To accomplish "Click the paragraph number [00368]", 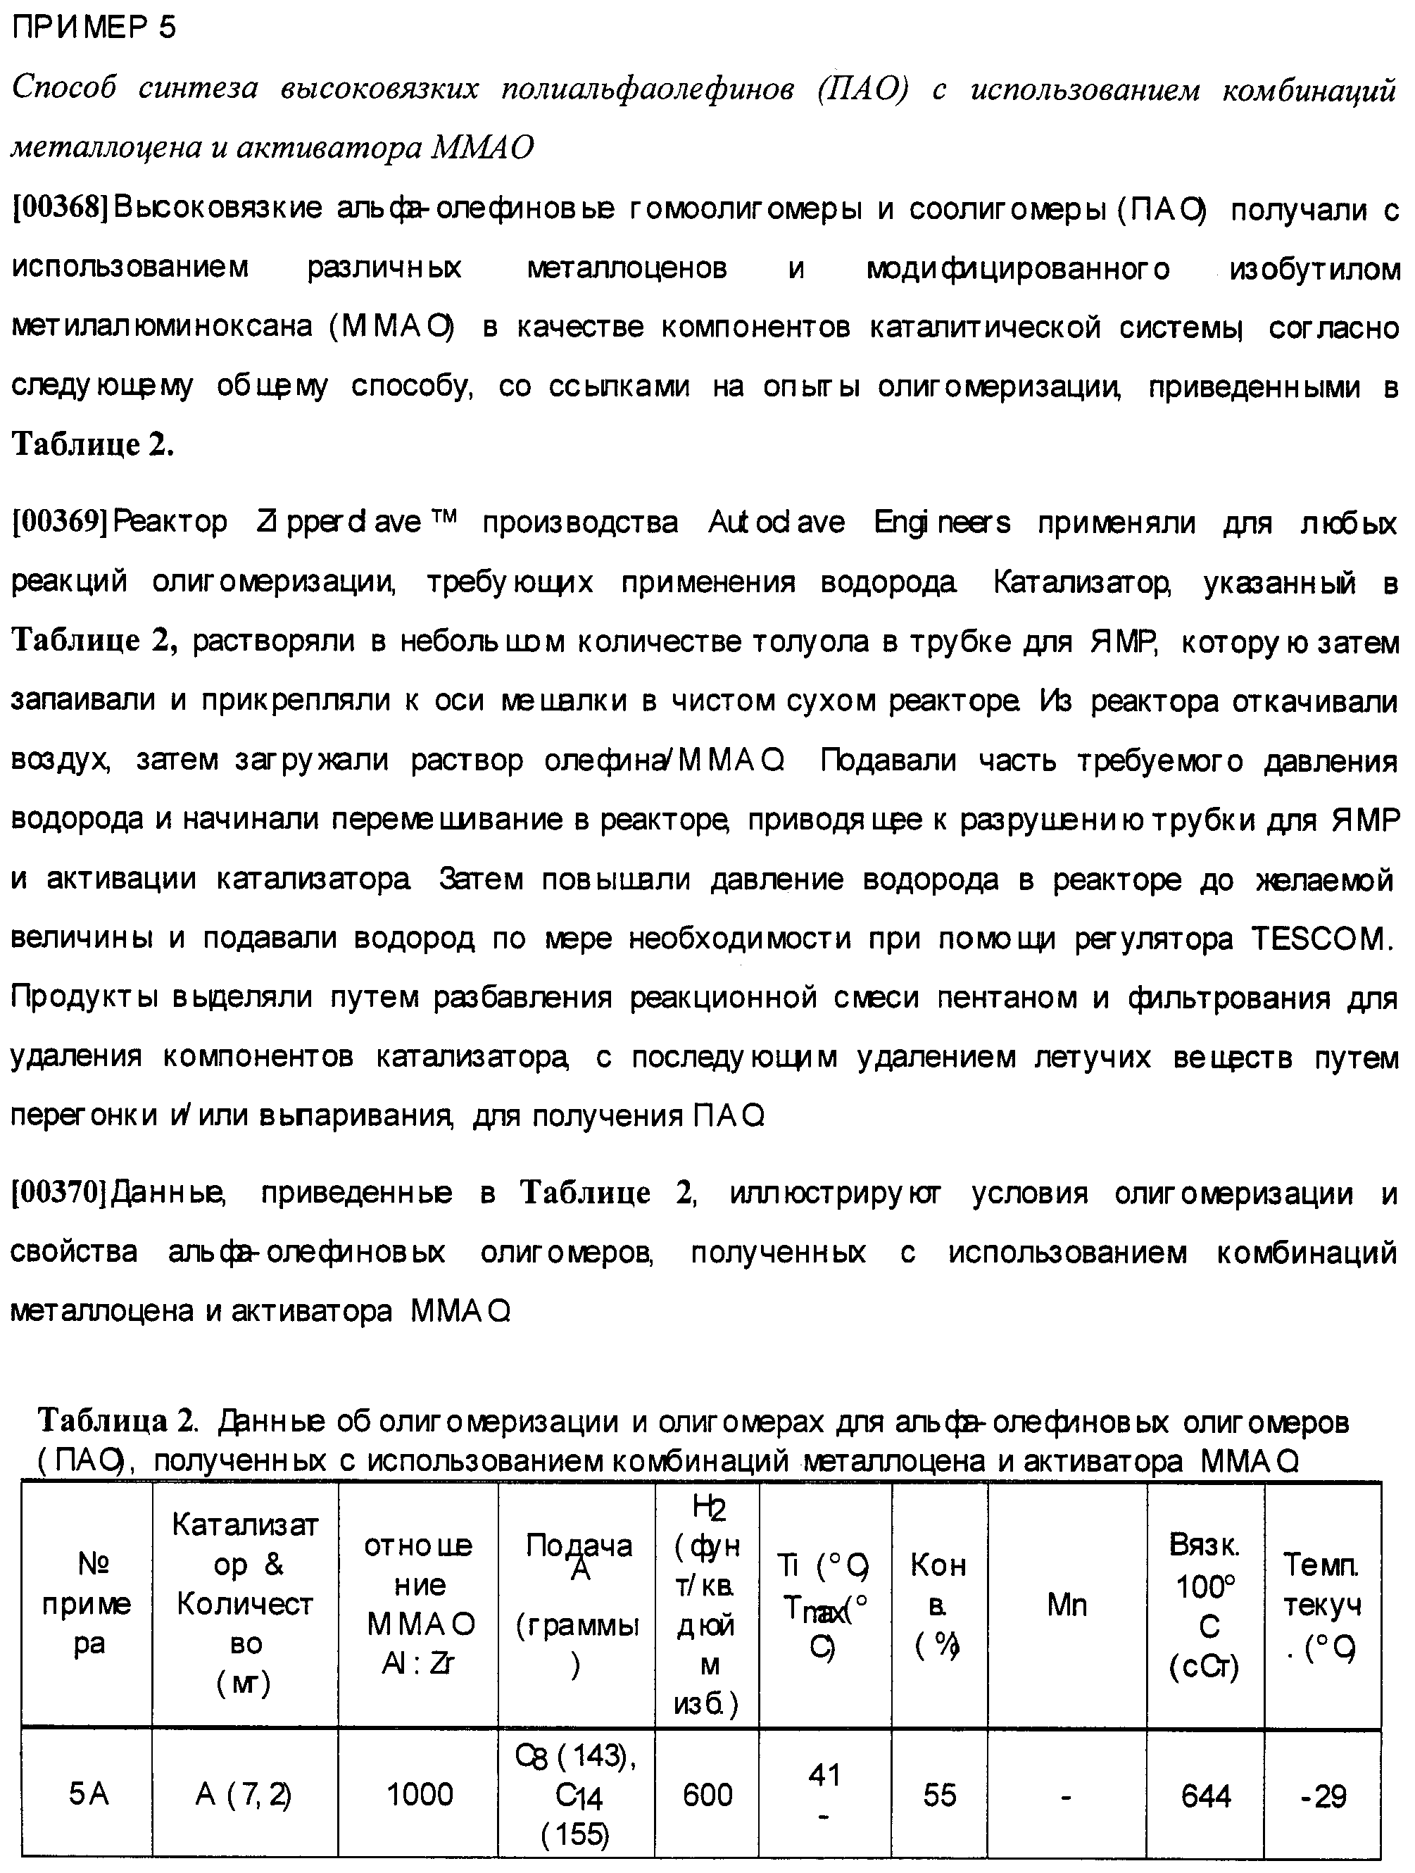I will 59,208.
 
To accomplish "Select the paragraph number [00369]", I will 59,522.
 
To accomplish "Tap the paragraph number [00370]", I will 59,1193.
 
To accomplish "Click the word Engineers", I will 942,522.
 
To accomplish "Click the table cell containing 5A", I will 88,1794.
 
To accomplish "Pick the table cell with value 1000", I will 419,1794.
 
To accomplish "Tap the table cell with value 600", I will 707,1794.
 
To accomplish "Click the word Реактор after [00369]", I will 170,522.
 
